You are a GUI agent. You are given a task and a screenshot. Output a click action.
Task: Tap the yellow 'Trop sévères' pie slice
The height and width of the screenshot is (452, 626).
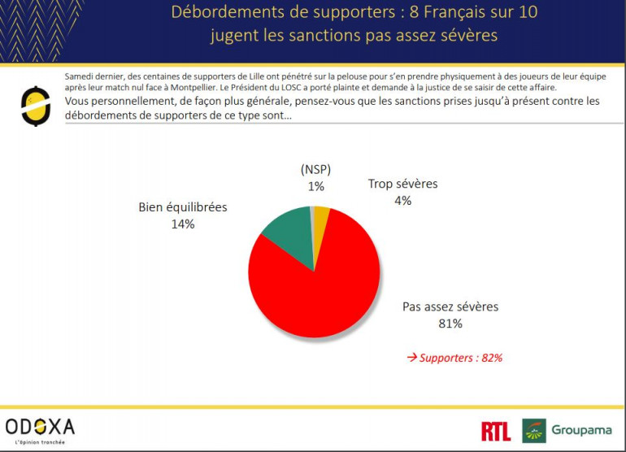click(x=321, y=217)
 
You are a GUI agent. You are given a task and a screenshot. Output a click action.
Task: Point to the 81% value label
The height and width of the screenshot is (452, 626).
click(x=450, y=324)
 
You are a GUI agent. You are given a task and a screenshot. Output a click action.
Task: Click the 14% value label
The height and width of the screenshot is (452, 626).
click(x=183, y=224)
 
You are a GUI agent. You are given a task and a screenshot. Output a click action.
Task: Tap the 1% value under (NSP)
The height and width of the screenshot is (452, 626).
click(x=316, y=186)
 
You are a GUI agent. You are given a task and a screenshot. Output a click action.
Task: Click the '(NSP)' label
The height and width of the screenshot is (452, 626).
click(x=316, y=170)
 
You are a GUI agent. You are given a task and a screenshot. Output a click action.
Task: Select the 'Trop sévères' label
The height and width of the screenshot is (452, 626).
click(x=402, y=184)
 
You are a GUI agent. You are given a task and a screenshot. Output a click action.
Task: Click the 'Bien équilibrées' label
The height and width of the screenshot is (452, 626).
click(x=183, y=207)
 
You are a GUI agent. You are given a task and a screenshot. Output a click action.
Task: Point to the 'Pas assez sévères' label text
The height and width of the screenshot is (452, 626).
click(x=450, y=307)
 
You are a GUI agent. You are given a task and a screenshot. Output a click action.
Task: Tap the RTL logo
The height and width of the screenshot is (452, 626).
click(x=496, y=431)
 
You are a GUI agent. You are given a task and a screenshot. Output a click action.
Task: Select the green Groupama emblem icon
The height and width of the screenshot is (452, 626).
click(x=533, y=431)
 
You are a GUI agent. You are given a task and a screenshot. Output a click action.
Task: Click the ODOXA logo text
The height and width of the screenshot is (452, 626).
click(x=40, y=427)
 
